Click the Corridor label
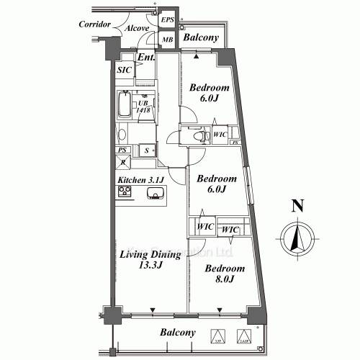pyautogui.click(x=94, y=24)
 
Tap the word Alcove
pyautogui.click(x=138, y=28)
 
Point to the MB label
pyautogui.click(x=167, y=40)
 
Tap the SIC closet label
pyautogui.click(x=124, y=69)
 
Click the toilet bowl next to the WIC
pyautogui.click(x=197, y=135)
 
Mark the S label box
pyautogui.click(x=147, y=150)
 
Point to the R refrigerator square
pyautogui.click(x=124, y=163)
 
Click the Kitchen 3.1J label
pyautogui.click(x=142, y=180)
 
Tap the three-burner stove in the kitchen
pyautogui.click(x=124, y=192)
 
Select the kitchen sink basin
pyautogui.click(x=155, y=193)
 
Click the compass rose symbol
pyautogui.click(x=296, y=238)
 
